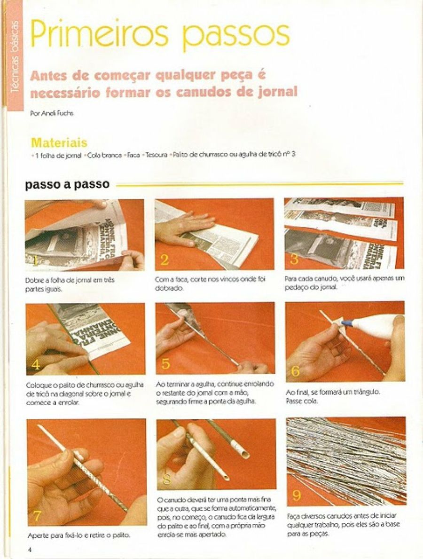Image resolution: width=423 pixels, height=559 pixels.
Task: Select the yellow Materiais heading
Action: pos(59,142)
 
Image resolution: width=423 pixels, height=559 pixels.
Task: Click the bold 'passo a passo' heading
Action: pos(67,184)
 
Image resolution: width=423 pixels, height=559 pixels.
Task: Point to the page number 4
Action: pos(29,549)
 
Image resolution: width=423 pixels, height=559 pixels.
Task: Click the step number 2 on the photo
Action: pos(164,260)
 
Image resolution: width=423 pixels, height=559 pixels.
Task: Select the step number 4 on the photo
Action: pos(35,365)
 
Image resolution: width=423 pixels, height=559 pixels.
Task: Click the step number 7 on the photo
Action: pos(37,516)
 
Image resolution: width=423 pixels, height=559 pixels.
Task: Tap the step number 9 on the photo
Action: pos(297,495)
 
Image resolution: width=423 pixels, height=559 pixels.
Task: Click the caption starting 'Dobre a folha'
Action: pos(69,284)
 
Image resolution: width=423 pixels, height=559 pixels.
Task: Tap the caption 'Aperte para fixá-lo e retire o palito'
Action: pos(78,535)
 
